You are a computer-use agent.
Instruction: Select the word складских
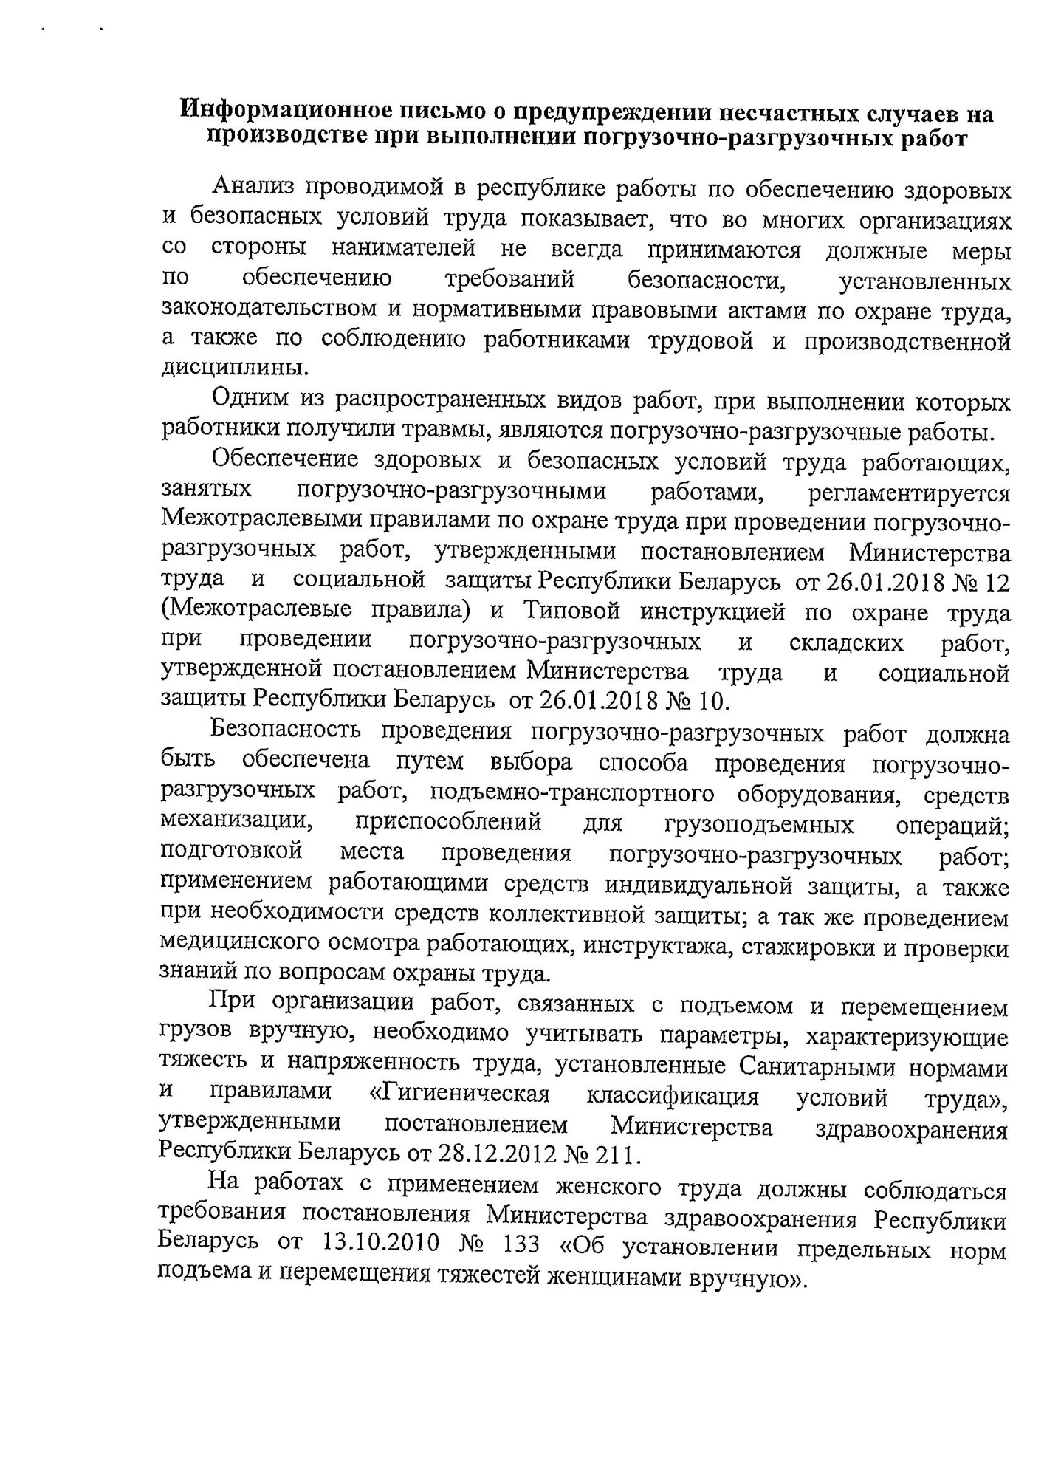point(846,642)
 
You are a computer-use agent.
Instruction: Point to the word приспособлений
point(448,823)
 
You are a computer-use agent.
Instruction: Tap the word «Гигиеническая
point(459,1098)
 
